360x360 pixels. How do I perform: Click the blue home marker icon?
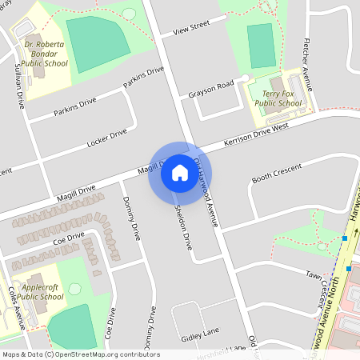point(180,173)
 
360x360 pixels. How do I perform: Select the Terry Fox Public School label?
point(277,98)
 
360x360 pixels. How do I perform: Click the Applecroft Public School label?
point(41,291)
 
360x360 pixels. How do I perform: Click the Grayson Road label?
point(211,88)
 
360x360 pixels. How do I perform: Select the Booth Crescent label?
point(277,172)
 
